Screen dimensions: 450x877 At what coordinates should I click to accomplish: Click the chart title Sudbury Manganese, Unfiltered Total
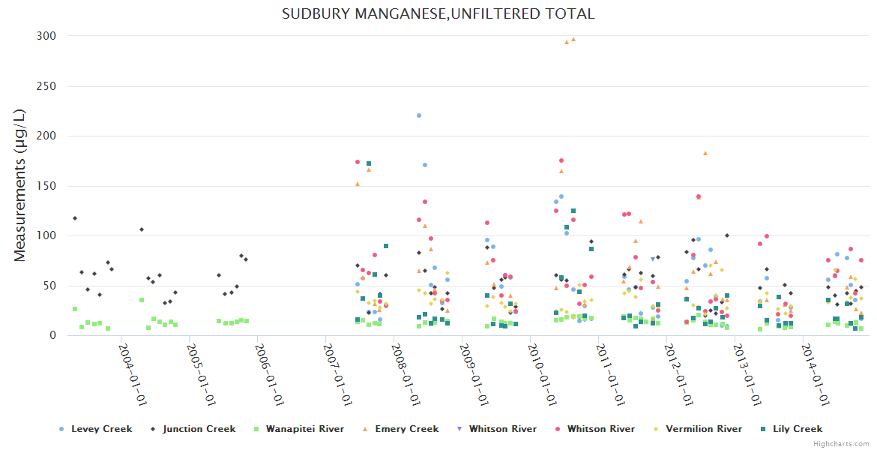438,13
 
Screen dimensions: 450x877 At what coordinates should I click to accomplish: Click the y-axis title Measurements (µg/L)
20,185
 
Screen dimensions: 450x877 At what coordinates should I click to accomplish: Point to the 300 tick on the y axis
46,36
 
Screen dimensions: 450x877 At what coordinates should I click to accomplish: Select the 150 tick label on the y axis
46,186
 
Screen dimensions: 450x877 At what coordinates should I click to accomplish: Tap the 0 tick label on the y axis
52,335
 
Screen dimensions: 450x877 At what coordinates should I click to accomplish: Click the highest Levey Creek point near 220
419,115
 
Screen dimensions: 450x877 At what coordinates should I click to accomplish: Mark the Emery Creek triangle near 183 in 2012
705,153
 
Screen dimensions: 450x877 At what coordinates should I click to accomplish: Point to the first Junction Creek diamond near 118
75,218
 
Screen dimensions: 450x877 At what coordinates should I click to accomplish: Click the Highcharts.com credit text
841,444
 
